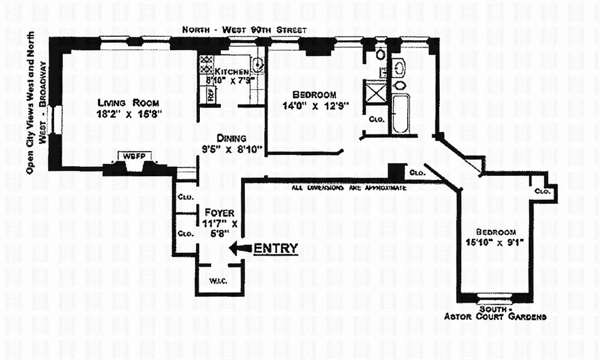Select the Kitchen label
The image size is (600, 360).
click(231, 72)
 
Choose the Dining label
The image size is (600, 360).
click(231, 138)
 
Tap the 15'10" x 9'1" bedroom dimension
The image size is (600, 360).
click(496, 244)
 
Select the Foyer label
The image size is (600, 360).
click(219, 212)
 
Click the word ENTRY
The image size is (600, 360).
click(276, 248)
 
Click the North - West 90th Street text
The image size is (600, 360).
click(244, 30)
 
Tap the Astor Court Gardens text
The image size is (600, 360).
click(495, 317)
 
